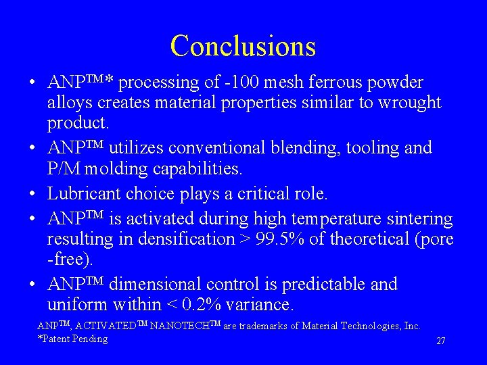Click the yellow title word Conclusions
[x=243, y=46]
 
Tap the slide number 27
[x=440, y=341]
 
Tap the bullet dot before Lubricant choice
[x=32, y=195]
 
